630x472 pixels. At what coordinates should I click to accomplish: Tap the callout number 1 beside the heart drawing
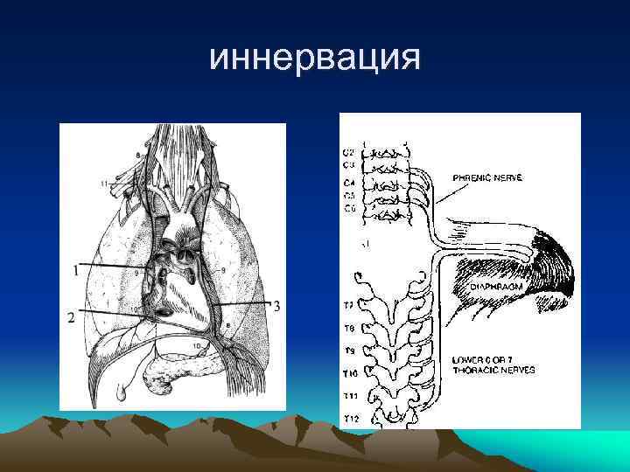tap(75, 271)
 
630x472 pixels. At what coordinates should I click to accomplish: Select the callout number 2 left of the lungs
tap(70, 318)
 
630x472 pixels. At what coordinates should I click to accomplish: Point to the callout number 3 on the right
tap(276, 306)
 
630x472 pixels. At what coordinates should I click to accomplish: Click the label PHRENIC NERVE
tap(487, 177)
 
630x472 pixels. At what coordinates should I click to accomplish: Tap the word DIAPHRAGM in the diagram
tap(487, 286)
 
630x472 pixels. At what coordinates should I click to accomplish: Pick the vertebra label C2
tap(348, 152)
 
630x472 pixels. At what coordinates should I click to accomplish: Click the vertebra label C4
tap(348, 183)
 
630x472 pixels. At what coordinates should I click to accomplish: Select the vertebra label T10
tap(351, 372)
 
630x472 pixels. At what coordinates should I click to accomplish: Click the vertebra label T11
tap(351, 396)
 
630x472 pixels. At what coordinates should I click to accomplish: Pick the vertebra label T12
tap(351, 419)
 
